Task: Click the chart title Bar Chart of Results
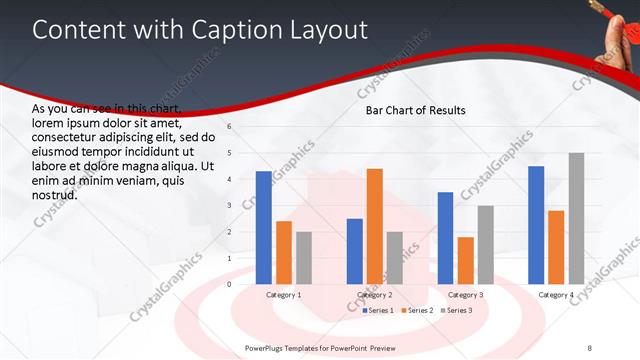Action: tap(415, 110)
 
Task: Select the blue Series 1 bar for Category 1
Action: tap(264, 227)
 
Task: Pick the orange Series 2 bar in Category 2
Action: tap(375, 226)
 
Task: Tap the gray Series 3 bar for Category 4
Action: tap(576, 218)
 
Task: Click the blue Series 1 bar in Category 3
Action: tap(445, 238)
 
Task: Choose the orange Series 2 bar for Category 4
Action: tap(556, 247)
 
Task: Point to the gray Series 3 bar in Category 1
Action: tap(304, 257)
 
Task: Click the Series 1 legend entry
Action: tap(380, 311)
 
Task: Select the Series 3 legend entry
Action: tap(456, 311)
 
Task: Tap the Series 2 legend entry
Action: tap(418, 311)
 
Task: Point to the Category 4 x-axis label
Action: tap(556, 295)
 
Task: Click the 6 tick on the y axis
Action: tap(230, 127)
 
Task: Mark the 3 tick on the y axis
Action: tap(230, 205)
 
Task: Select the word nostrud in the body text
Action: tap(55, 195)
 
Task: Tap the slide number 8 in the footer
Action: tap(589, 347)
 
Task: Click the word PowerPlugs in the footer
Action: tap(268, 347)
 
